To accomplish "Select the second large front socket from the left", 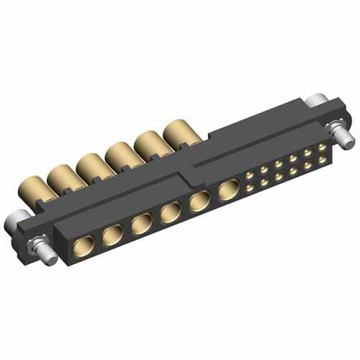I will [112, 235].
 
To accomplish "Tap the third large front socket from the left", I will [140, 224].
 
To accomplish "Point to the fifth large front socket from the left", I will [198, 202].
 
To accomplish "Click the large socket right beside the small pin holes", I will [227, 192].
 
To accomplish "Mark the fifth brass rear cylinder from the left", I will [150, 143].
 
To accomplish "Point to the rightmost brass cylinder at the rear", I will [178, 132].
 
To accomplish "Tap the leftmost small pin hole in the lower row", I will [249, 188].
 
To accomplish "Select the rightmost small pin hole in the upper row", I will [322, 145].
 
